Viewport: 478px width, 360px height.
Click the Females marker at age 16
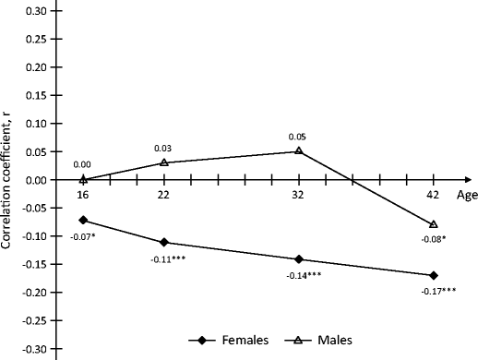click(84, 220)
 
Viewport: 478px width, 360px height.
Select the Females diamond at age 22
click(164, 243)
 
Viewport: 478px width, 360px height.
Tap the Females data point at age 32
click(299, 259)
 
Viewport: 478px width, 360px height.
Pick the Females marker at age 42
click(434, 275)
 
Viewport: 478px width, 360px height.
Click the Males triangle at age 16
click(84, 179)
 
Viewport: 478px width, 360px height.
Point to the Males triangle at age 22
click(164, 162)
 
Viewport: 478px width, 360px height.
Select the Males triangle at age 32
click(299, 150)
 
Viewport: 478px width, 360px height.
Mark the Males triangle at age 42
click(434, 224)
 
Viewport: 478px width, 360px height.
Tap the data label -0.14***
click(299, 275)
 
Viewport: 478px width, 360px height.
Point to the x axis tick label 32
click(299, 196)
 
